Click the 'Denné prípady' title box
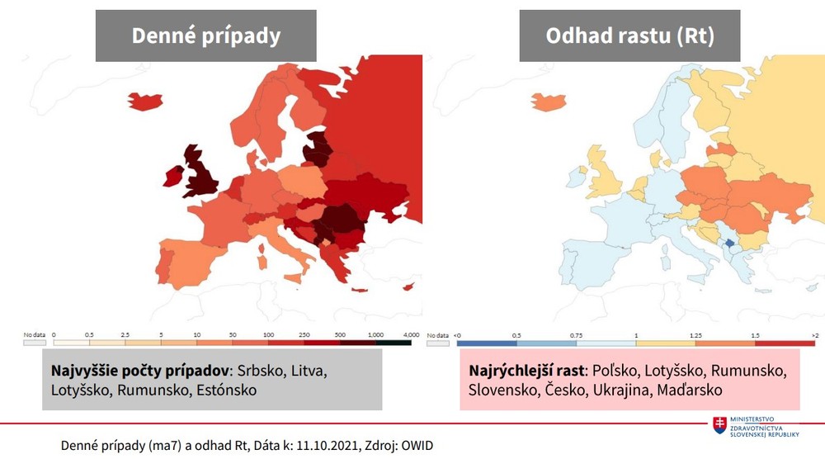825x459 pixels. [x=205, y=35]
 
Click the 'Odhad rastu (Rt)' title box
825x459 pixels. [x=629, y=35]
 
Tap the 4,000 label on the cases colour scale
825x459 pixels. [x=411, y=334]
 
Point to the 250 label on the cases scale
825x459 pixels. [x=304, y=334]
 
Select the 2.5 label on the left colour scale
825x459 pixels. [x=125, y=334]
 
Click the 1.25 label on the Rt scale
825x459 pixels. [x=695, y=334]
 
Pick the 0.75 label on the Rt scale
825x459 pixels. [x=576, y=334]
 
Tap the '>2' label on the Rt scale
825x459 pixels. [x=814, y=334]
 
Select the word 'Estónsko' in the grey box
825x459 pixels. [x=222, y=390]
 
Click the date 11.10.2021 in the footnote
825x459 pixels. [x=320, y=445]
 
